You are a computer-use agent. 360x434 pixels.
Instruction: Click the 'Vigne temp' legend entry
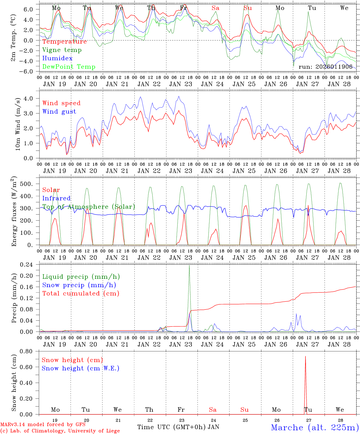[62, 50]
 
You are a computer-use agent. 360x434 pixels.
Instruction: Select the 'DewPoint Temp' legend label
[69, 67]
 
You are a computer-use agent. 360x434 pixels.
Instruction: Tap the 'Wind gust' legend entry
[59, 112]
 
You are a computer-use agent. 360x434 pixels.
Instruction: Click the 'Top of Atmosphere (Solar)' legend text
[89, 207]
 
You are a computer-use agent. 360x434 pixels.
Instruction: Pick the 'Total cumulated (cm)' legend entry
[81, 293]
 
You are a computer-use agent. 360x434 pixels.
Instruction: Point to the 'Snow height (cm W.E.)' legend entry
[81, 368]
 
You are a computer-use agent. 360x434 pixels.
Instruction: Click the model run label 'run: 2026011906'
[325, 67]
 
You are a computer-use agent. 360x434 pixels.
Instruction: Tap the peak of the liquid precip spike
[189, 266]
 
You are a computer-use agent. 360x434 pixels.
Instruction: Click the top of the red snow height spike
[305, 356]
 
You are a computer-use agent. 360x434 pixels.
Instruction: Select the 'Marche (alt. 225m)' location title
[314, 427]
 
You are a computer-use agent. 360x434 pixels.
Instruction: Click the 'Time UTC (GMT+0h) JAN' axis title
[178, 427]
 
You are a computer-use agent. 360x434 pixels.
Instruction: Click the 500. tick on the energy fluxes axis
[31, 184]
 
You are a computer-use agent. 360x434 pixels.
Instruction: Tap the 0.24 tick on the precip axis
[31, 264]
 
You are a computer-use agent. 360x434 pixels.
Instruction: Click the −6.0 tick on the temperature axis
[30, 71]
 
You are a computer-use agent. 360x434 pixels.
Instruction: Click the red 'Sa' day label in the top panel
[216, 8]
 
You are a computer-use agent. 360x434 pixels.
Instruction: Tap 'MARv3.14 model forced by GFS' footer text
[43, 425]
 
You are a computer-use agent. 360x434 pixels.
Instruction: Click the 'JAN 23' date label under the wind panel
[181, 171]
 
